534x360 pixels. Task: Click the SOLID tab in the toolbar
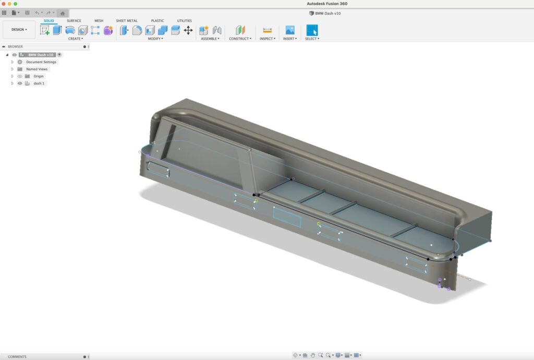tap(48, 21)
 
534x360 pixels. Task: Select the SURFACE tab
tap(74, 21)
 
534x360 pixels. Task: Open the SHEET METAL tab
tap(127, 21)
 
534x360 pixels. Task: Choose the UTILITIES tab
tap(184, 21)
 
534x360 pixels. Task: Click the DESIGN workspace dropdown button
tap(19, 30)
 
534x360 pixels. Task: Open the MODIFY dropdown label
tap(155, 39)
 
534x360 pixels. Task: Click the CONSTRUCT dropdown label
tap(240, 39)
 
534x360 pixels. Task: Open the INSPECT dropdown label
tap(268, 39)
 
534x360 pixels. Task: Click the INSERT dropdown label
tap(290, 39)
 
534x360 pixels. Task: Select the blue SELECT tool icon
tap(312, 30)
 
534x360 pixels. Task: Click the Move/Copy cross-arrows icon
tap(188, 30)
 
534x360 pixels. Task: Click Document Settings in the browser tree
tap(41, 62)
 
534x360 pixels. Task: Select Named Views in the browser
tap(37, 69)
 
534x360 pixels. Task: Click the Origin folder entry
tap(39, 76)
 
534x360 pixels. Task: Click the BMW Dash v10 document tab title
tap(327, 13)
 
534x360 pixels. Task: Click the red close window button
tap(4, 4)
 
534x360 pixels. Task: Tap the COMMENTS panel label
tap(17, 357)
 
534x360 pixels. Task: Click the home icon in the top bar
tap(63, 13)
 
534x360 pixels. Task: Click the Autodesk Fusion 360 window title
tap(327, 4)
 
